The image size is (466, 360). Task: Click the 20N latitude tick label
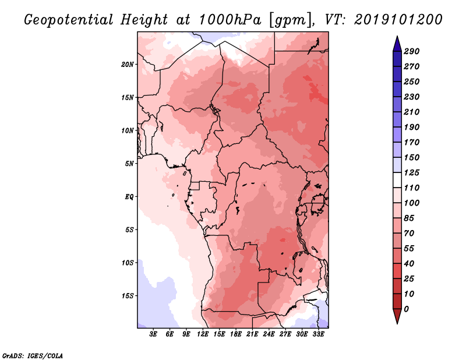click(x=128, y=65)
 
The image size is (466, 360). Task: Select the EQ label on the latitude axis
click(x=129, y=197)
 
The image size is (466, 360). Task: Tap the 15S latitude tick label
click(x=128, y=296)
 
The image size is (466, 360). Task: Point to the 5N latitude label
click(x=129, y=164)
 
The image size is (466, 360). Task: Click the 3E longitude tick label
click(x=153, y=334)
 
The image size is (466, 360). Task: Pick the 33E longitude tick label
click(x=318, y=334)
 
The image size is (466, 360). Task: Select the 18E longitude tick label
click(x=236, y=334)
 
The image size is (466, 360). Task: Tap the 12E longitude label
click(x=203, y=334)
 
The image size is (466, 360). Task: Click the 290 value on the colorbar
click(x=411, y=51)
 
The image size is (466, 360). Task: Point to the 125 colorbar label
click(x=411, y=172)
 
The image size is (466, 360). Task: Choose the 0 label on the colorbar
click(x=406, y=309)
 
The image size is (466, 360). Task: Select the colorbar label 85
click(x=409, y=218)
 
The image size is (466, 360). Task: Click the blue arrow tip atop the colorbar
click(x=397, y=37)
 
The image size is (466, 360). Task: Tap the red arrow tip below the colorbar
click(x=397, y=323)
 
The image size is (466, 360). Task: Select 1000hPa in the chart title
click(x=230, y=20)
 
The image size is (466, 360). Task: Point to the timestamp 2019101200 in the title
click(x=398, y=20)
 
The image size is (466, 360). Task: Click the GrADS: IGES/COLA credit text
click(x=33, y=355)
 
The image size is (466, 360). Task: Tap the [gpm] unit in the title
click(x=291, y=20)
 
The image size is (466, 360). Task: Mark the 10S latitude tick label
click(x=128, y=263)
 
